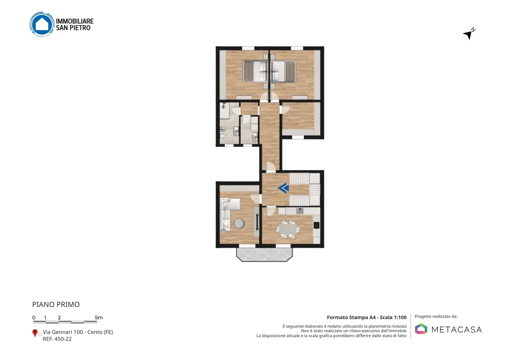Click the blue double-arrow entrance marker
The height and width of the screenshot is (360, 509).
pyautogui.click(x=283, y=188)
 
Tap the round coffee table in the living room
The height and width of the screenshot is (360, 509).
pyautogui.click(x=240, y=223)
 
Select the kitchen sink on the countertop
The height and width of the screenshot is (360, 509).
pyautogui.click(x=300, y=211)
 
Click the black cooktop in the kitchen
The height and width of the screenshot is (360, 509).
pyautogui.click(x=317, y=225)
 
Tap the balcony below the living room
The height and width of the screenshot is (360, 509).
pyautogui.click(x=264, y=255)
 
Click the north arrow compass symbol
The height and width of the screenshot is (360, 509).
pyautogui.click(x=469, y=34)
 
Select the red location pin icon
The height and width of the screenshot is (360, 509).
pyautogui.click(x=35, y=333)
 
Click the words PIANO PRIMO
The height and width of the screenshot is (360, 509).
pyautogui.click(x=56, y=304)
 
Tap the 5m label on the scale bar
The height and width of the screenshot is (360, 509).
pyautogui.click(x=99, y=318)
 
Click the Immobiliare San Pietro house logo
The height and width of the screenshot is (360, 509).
pyautogui.click(x=42, y=24)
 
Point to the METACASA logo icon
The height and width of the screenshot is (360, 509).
pyautogui.click(x=421, y=329)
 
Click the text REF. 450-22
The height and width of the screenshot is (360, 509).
pyautogui.click(x=57, y=339)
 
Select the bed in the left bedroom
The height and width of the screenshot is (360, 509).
pyautogui.click(x=256, y=71)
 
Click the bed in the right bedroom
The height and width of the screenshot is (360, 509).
pyautogui.click(x=283, y=71)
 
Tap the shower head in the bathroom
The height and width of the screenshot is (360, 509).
pyautogui.click(x=224, y=106)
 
